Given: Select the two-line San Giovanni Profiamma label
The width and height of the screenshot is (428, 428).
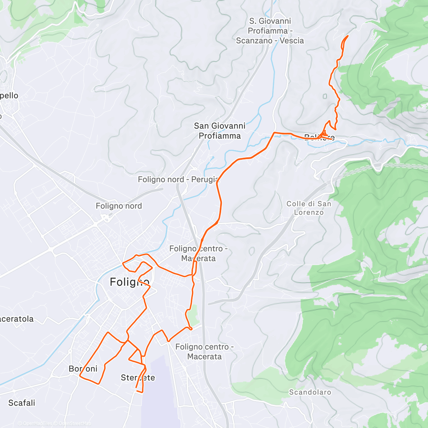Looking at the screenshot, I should pos(220,131).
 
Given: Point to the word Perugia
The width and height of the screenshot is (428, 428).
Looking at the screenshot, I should pos(205,179).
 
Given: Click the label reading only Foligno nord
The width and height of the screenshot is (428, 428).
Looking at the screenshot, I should pos(119,206).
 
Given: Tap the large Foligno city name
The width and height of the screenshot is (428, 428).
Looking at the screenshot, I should pos(129,282).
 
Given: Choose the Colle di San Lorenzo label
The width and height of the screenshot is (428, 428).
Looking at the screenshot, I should pos(309,208).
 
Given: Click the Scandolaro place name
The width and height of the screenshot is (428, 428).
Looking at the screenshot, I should pos(310,392).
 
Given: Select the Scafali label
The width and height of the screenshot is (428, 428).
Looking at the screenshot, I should pos(22,403).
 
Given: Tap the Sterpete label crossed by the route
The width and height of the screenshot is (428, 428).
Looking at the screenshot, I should pos(138,378).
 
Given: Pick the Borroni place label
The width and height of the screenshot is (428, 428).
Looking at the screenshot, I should pos(83,369).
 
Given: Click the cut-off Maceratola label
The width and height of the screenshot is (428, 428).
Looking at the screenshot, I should pos(17,319).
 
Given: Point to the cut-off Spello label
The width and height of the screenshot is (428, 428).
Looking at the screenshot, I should pos(9,96).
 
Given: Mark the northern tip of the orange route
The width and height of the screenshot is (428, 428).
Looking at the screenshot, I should pos(348,36).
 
